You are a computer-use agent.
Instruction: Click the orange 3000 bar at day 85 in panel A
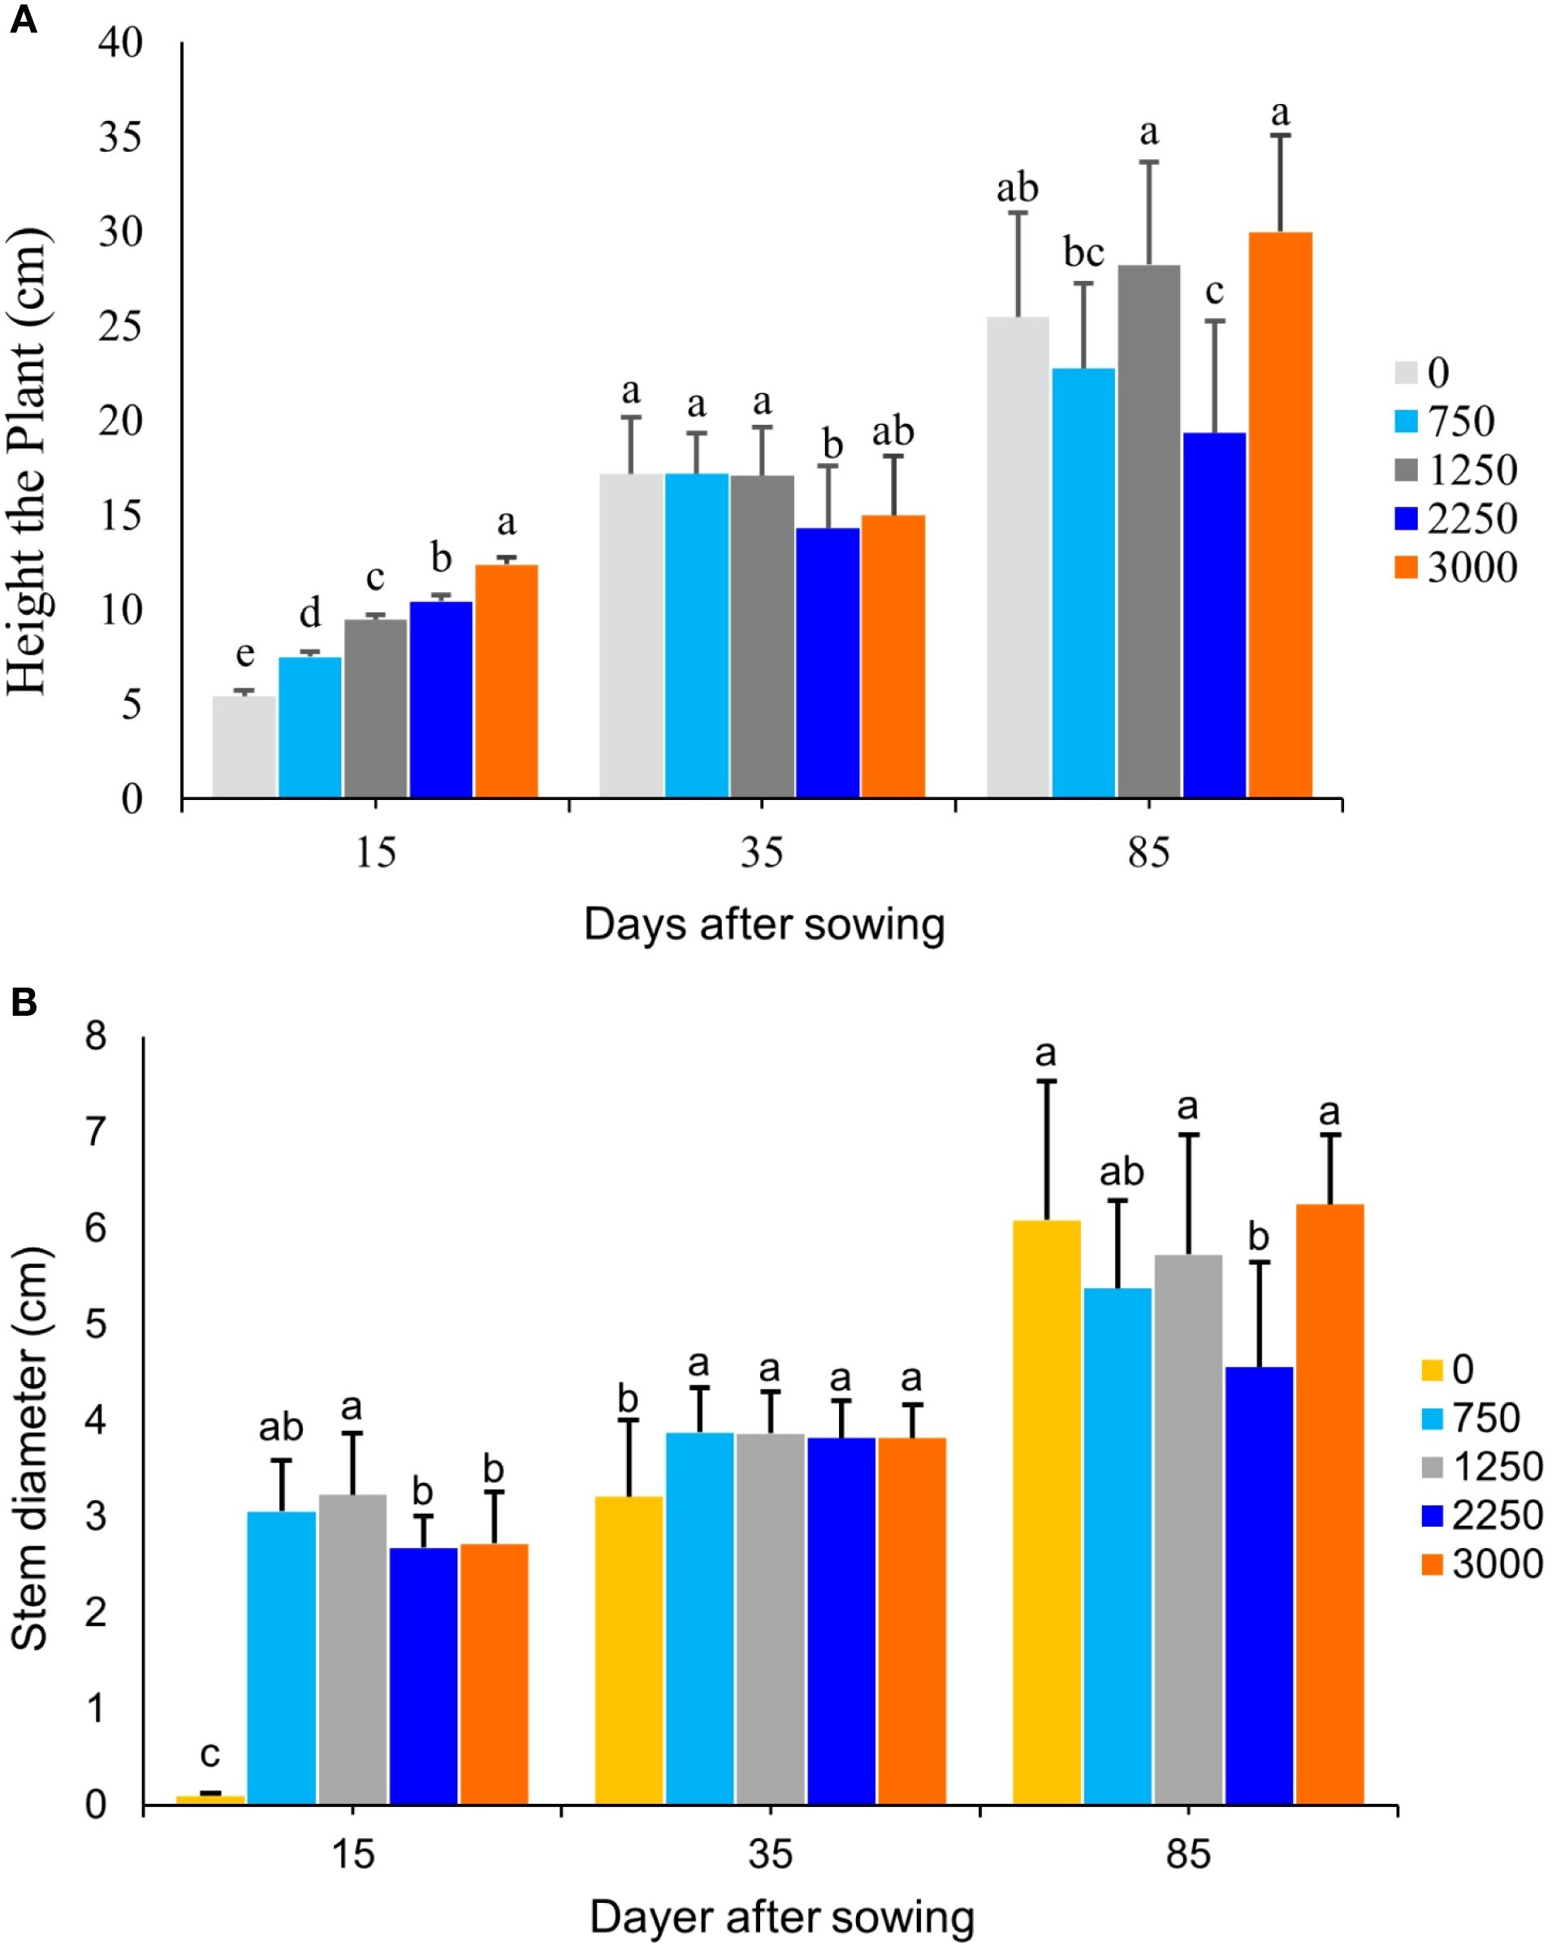[1280, 516]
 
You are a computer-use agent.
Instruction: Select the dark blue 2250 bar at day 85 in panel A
[1213, 615]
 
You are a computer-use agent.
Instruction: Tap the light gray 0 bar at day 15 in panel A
[244, 747]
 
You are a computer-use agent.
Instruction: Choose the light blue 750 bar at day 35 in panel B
[699, 1619]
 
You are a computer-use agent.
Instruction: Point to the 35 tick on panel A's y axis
[121, 137]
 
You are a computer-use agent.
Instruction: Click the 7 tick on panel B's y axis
[96, 1131]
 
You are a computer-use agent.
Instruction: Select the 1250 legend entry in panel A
[1456, 470]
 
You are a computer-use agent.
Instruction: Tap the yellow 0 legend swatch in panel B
[1432, 1370]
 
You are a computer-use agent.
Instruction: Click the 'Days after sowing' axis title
[764, 925]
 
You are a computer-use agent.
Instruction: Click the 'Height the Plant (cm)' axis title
[27, 461]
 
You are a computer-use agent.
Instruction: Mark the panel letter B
[24, 1002]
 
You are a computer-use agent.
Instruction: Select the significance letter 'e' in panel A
[244, 653]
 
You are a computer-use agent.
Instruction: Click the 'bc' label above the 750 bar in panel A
[1083, 253]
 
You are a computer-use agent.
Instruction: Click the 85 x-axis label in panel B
[1187, 1855]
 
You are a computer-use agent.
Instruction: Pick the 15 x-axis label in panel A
[375, 853]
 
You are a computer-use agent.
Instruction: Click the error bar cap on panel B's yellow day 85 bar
[1046, 1081]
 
